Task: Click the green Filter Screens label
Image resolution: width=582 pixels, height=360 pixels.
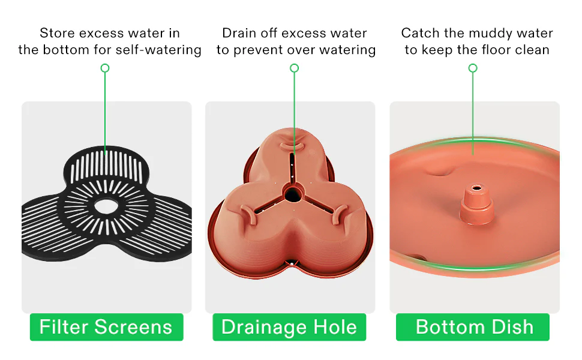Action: (107, 327)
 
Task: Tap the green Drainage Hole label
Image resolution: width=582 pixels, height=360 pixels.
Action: (289, 327)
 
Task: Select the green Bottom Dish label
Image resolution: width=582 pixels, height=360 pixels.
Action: (473, 327)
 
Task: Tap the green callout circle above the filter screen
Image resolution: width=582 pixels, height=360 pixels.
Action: (105, 68)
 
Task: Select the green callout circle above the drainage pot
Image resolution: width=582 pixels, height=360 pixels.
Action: (295, 68)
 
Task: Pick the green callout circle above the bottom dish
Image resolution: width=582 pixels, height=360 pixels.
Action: (473, 68)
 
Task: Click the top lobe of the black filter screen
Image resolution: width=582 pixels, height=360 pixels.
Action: (107, 165)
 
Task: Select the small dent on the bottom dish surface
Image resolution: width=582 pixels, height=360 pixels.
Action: (440, 171)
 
